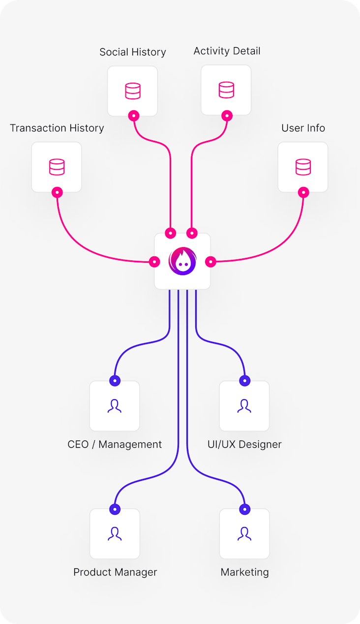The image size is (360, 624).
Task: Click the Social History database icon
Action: point(132,91)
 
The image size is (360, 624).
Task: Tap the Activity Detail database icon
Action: point(226,90)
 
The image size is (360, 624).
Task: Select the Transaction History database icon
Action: point(57,167)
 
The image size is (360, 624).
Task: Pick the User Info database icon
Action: point(303,167)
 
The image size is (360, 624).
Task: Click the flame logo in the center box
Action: point(182,261)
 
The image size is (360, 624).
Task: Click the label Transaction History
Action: point(57,128)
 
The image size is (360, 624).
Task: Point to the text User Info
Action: point(303,128)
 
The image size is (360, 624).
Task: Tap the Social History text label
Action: point(133,52)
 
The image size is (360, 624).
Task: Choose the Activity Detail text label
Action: point(227,51)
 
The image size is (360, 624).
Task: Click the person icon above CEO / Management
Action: point(115,406)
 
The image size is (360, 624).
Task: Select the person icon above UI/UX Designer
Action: point(244,406)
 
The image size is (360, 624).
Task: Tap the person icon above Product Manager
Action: point(115,534)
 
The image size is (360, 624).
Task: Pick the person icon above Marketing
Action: point(244,534)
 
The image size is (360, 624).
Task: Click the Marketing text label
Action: point(244,572)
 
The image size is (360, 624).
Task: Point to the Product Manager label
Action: point(115,572)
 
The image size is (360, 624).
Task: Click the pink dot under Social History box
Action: point(133,116)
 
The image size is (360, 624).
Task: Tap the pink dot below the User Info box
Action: point(303,192)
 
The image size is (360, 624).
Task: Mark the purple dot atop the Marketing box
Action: point(244,509)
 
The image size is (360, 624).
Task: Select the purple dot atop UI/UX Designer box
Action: point(244,380)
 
